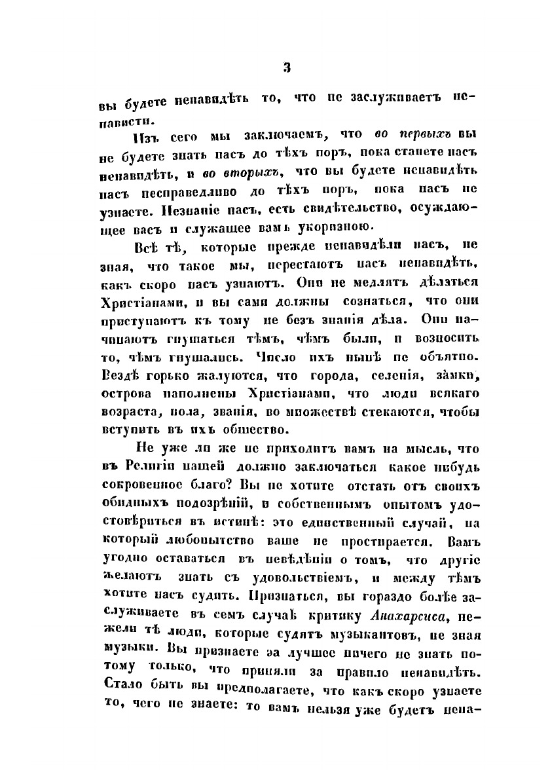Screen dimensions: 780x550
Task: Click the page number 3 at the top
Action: coord(286,67)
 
